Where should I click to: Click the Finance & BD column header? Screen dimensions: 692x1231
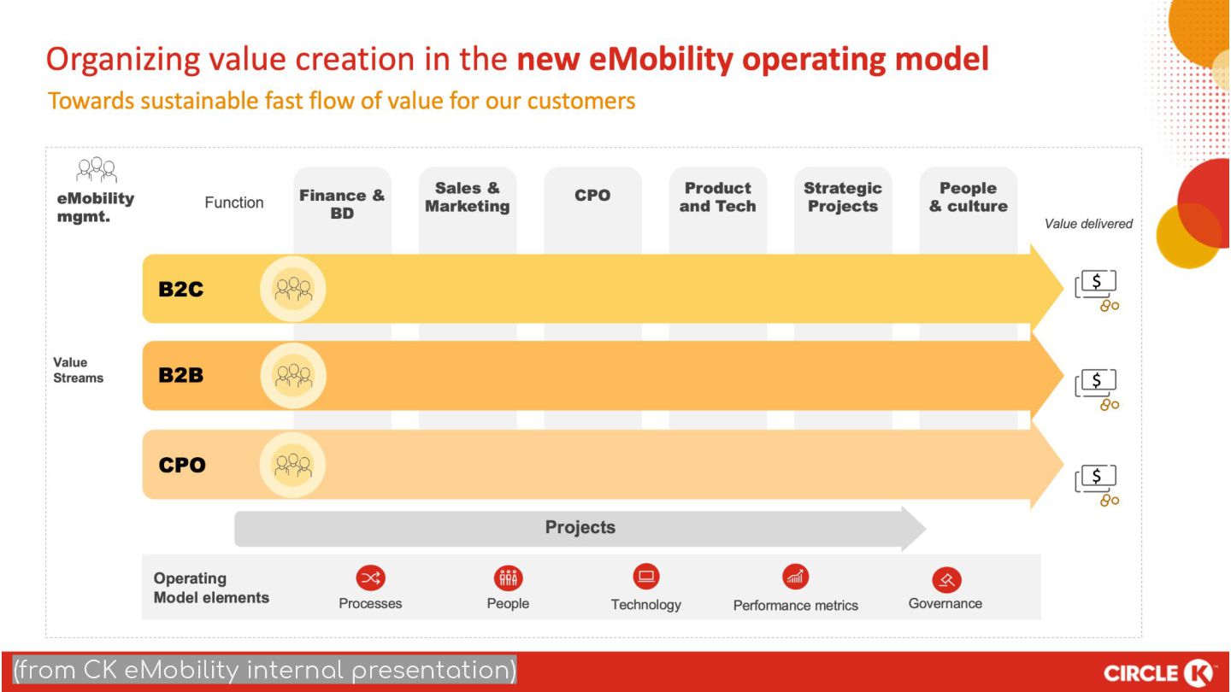pyautogui.click(x=342, y=204)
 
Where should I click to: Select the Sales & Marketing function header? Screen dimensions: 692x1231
pyautogui.click(x=468, y=197)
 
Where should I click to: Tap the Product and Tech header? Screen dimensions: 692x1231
pyautogui.click(x=717, y=197)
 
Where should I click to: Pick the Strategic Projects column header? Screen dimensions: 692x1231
pyautogui.click(x=843, y=197)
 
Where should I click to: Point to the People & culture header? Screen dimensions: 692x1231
pyautogui.click(x=968, y=197)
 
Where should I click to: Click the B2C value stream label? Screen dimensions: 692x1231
pyautogui.click(x=180, y=289)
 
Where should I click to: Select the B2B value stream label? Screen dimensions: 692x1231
pyautogui.click(x=180, y=375)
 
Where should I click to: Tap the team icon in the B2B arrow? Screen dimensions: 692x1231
pyautogui.click(x=293, y=375)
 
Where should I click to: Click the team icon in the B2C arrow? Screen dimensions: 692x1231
pyautogui.click(x=293, y=289)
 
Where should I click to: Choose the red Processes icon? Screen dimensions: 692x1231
pyautogui.click(x=370, y=578)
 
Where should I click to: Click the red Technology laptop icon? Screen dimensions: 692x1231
pyautogui.click(x=646, y=577)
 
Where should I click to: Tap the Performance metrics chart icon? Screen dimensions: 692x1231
pyautogui.click(x=795, y=578)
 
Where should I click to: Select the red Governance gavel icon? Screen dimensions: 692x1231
pyautogui.click(x=946, y=580)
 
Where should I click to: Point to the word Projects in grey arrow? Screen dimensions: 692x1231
pyautogui.click(x=580, y=527)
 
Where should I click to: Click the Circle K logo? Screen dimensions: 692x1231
pyautogui.click(x=1159, y=672)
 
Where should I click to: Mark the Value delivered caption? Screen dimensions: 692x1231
pyautogui.click(x=1088, y=224)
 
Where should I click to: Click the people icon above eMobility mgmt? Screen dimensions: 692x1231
pyautogui.click(x=96, y=171)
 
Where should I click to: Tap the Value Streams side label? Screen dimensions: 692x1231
pyautogui.click(x=78, y=370)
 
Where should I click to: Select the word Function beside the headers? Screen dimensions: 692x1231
pyautogui.click(x=234, y=202)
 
